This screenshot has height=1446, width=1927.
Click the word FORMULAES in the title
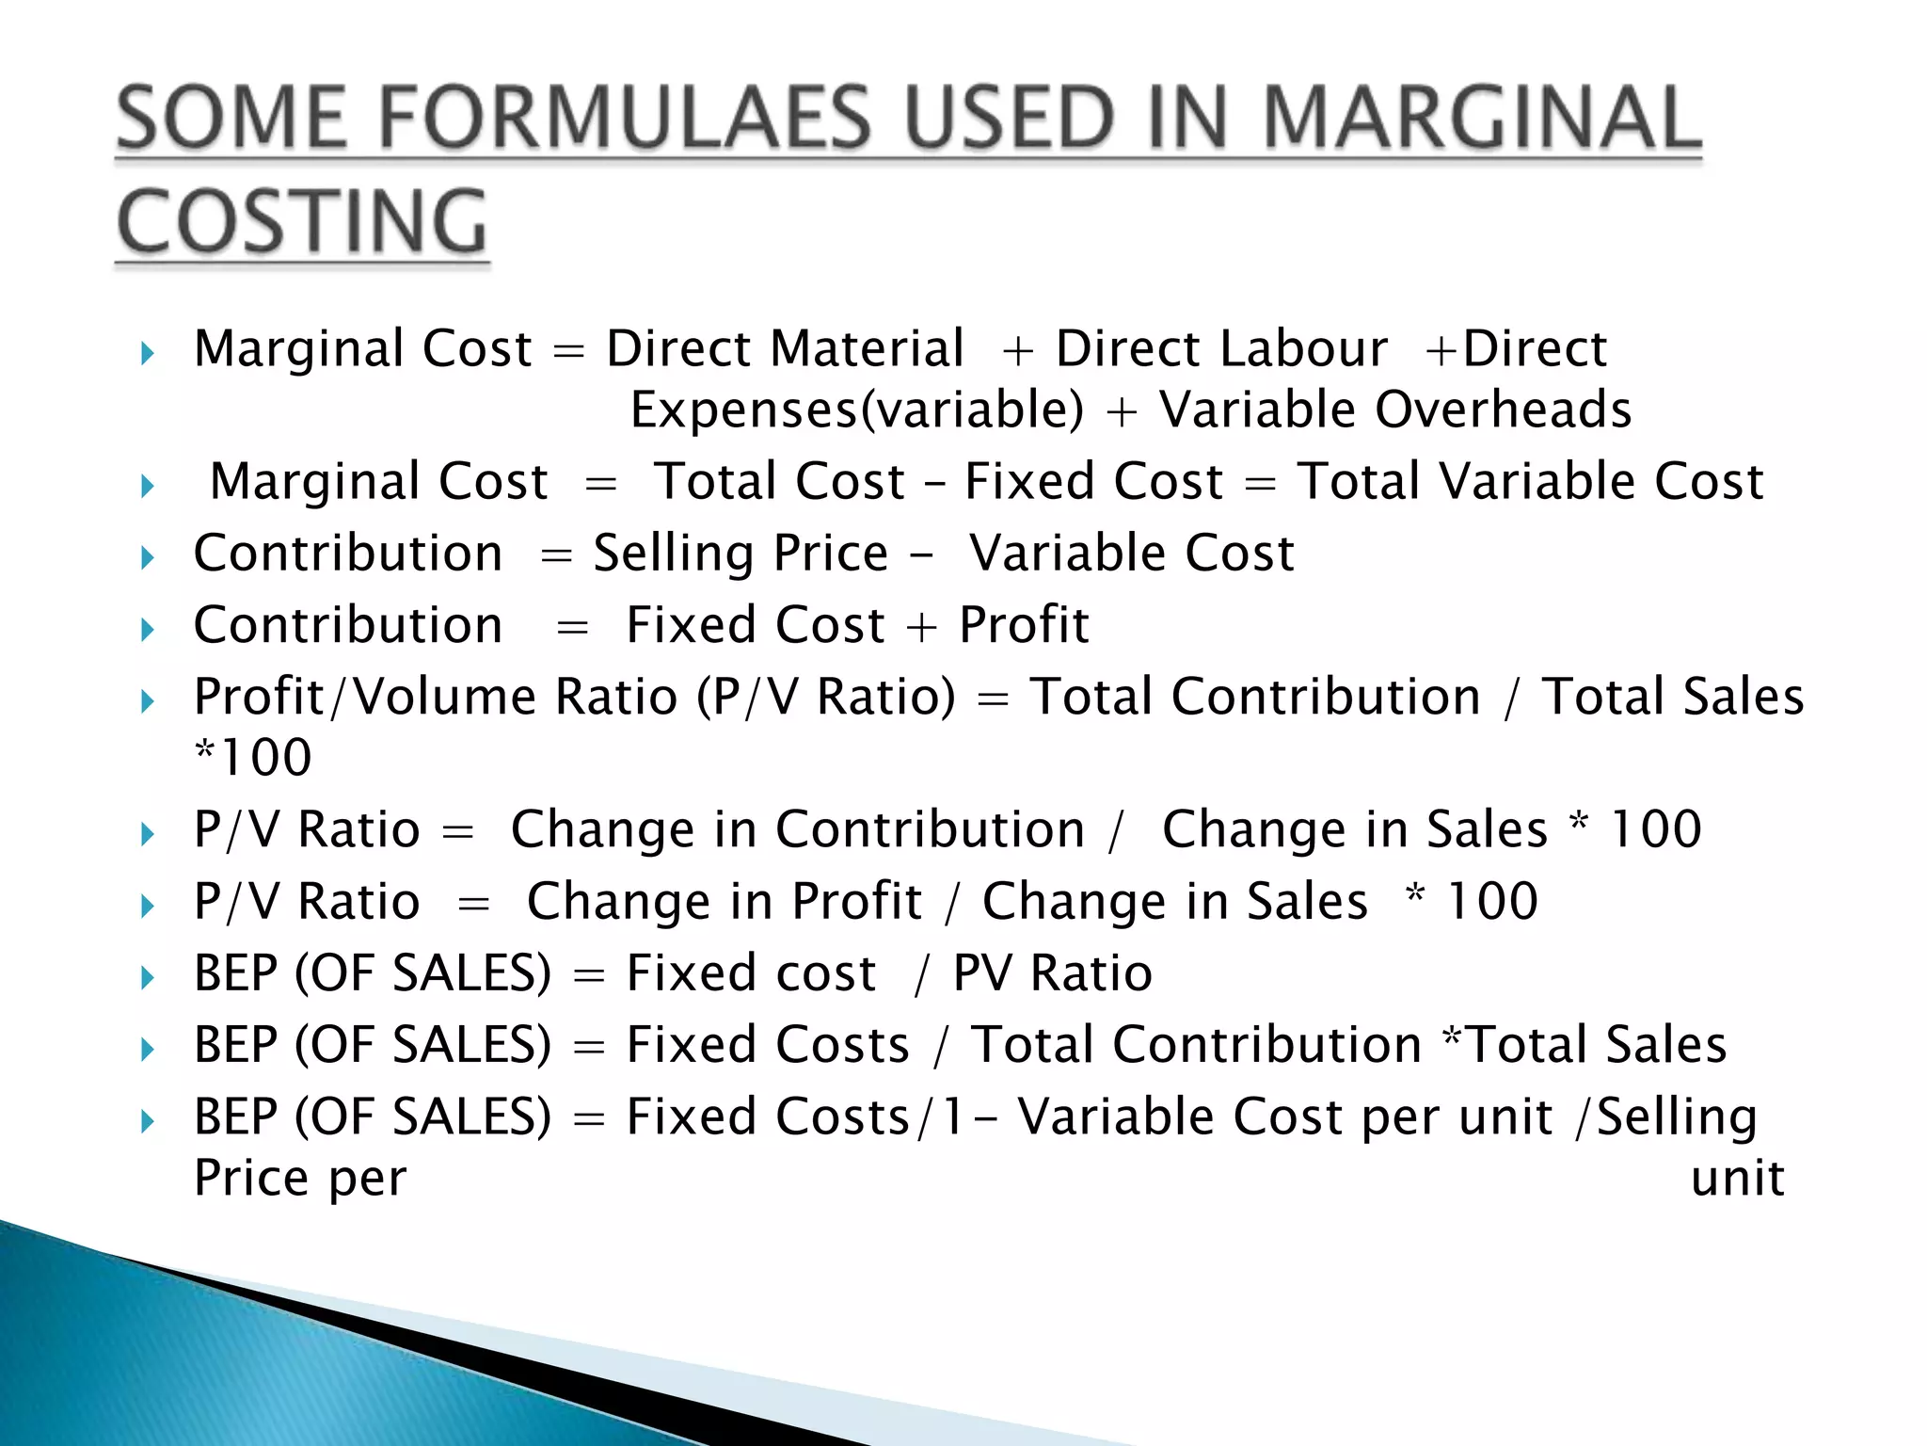tap(626, 120)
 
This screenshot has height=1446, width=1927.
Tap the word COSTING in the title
tap(302, 223)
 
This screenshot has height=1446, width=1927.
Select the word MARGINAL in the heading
tap(1481, 120)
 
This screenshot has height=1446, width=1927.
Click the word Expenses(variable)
tap(856, 410)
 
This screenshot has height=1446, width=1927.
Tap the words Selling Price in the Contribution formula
tap(741, 554)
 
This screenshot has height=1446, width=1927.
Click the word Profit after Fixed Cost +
tap(1024, 625)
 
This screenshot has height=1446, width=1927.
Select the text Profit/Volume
tap(365, 698)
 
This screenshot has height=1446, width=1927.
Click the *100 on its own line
tap(252, 758)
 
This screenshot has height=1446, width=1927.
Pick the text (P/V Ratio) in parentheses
tap(826, 698)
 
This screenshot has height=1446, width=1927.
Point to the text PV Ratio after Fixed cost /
tap(1052, 973)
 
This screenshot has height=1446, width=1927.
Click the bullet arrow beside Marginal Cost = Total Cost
tap(147, 487)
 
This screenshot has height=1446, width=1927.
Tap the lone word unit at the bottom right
tap(1737, 1179)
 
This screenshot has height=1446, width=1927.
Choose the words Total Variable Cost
tap(1530, 482)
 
